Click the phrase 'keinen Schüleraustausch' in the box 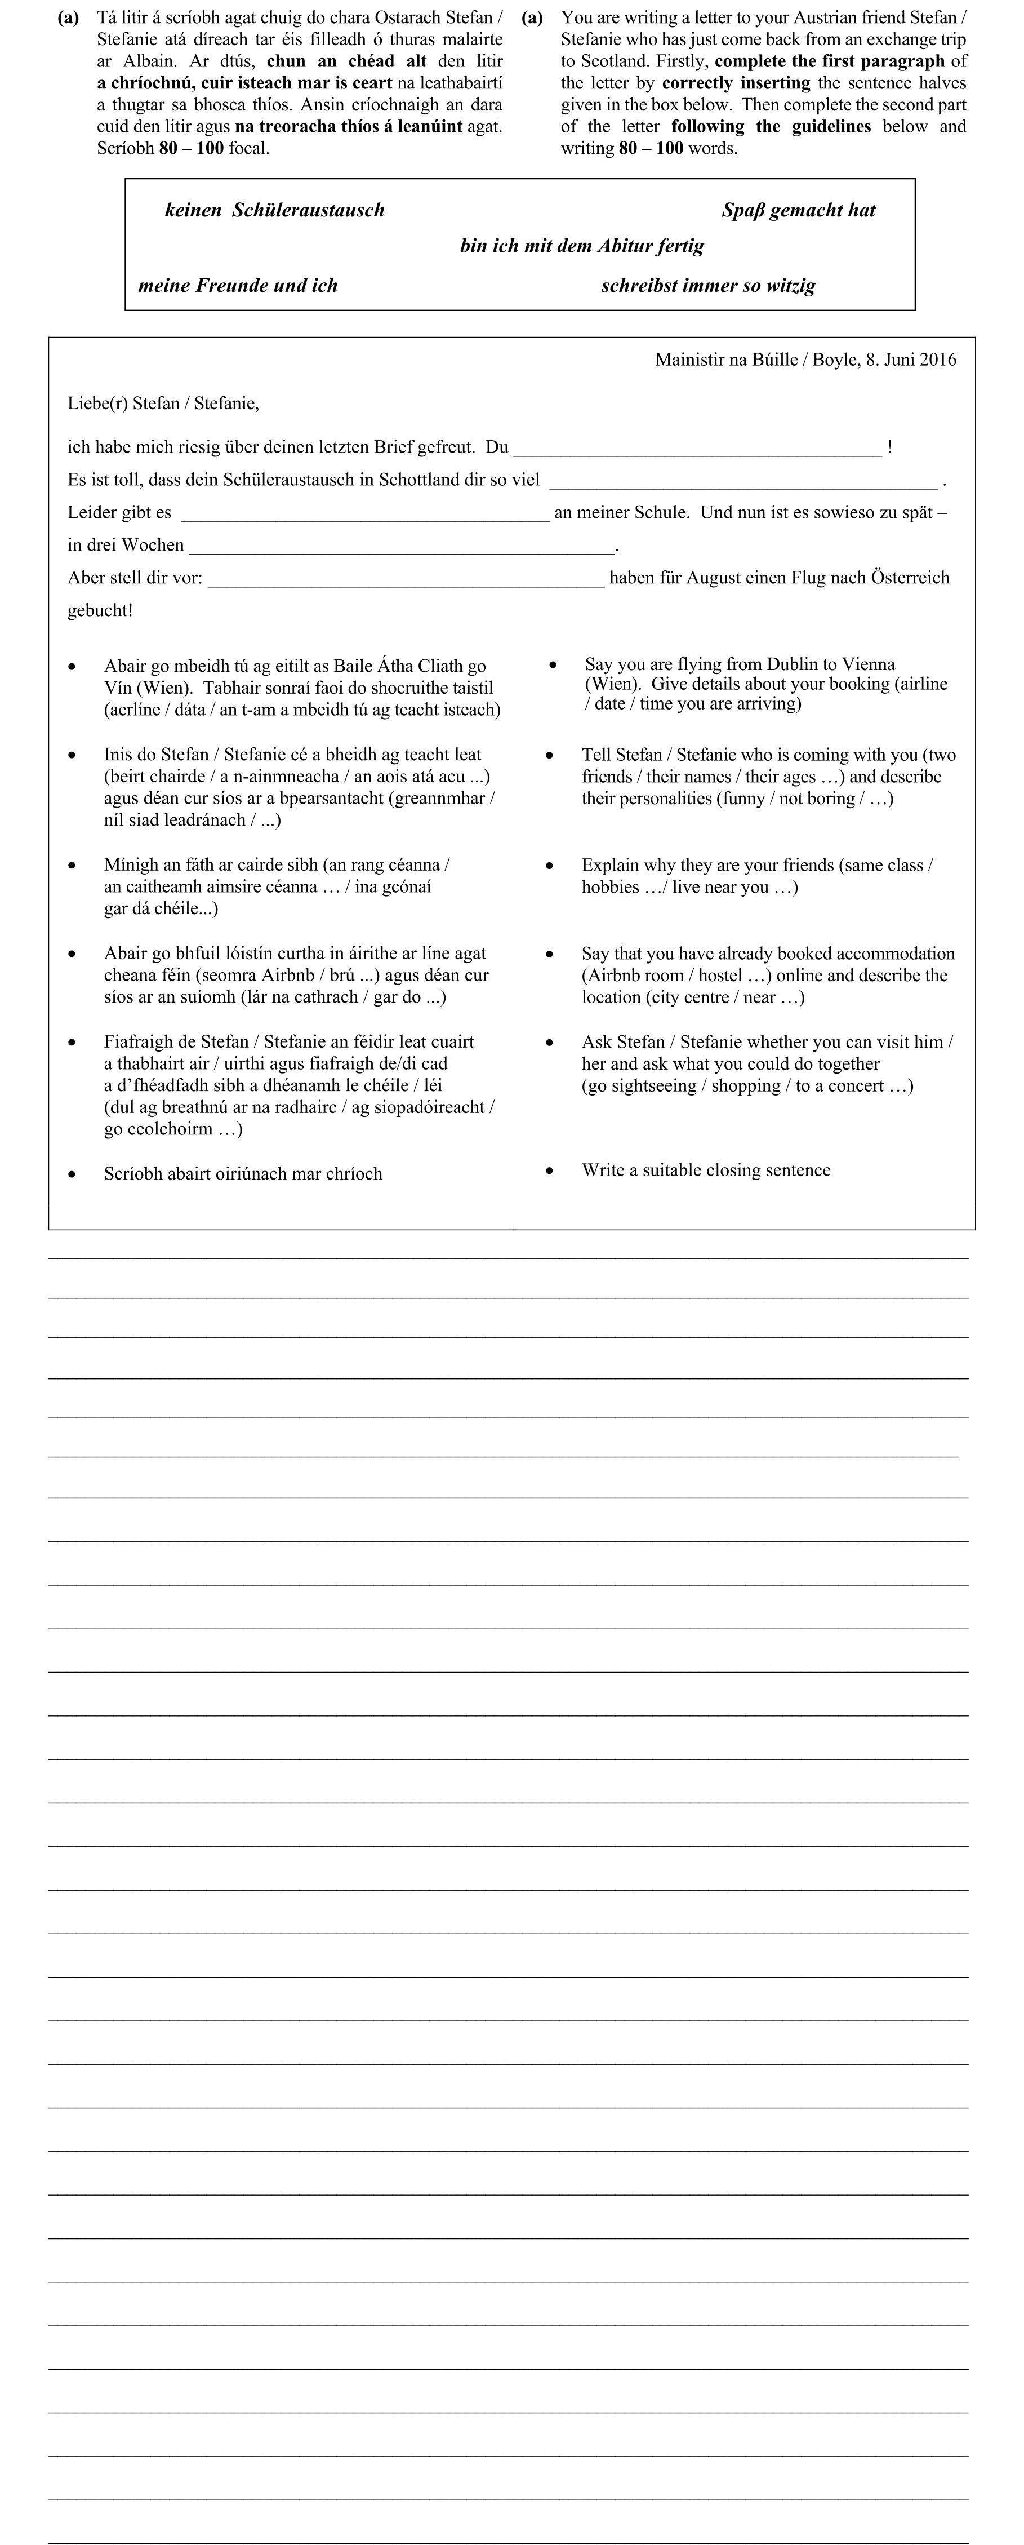click(x=274, y=210)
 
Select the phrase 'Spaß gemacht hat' click(x=798, y=210)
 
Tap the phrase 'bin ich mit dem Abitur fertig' click(x=582, y=246)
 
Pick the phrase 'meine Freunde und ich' click(x=238, y=286)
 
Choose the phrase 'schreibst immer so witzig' click(x=708, y=286)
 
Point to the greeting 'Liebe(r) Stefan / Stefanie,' click(x=163, y=403)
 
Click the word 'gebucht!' click(x=100, y=610)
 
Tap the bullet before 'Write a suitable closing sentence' click(x=550, y=1170)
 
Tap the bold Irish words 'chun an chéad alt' click(x=346, y=61)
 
